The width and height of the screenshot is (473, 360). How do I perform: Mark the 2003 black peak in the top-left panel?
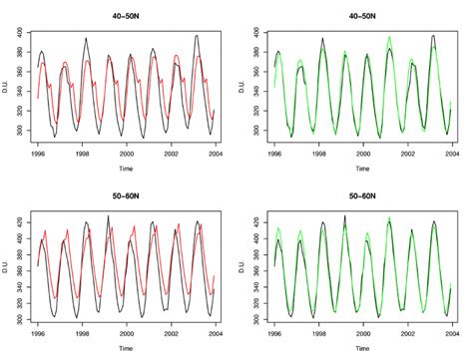(x=196, y=36)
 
